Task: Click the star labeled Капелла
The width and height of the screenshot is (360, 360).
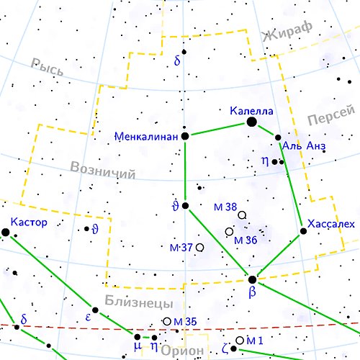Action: point(252,122)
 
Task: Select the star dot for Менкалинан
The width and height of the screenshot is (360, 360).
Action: point(185,135)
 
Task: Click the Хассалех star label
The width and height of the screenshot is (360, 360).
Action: point(330,224)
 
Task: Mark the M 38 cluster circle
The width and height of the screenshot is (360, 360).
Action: point(242,215)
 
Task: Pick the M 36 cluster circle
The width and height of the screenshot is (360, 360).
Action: point(229,232)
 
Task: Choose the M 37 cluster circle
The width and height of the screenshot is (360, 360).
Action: point(199,248)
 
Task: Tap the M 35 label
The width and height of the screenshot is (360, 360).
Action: point(185,321)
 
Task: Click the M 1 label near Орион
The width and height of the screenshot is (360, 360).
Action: point(255,340)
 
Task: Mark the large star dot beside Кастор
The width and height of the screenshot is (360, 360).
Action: point(5,232)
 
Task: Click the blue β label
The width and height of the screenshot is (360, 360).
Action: point(252,293)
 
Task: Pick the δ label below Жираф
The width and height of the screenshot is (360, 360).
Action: point(177,61)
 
